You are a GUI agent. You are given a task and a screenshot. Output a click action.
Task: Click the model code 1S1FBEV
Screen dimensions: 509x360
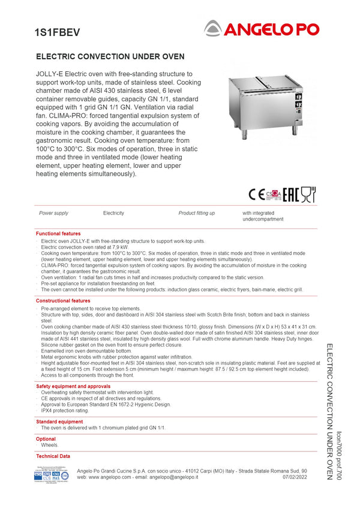pos(57,32)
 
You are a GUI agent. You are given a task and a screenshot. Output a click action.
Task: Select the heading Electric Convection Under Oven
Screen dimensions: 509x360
pos(110,56)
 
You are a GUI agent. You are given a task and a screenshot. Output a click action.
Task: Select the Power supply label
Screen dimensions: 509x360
pos(53,213)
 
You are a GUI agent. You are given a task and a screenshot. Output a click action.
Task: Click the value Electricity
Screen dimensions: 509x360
pos(113,213)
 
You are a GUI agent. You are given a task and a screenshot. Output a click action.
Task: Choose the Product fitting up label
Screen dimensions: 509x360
pos(196,213)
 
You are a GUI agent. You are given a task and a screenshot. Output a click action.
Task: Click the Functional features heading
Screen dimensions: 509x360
pos(58,233)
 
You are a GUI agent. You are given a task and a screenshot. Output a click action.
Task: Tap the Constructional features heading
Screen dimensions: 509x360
pos(63,300)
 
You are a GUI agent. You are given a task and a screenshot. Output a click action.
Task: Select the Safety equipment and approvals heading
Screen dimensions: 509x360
pos(73,387)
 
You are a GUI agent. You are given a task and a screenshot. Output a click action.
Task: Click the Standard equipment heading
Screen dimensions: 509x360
pos(59,421)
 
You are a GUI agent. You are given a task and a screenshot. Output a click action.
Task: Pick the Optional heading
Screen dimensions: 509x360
pos(46,439)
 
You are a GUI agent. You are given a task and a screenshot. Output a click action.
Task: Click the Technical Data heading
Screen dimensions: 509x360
pos(53,456)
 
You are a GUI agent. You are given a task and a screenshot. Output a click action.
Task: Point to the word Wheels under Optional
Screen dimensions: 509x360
pos(50,445)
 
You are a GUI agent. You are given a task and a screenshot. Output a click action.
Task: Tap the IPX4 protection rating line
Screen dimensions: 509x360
pos(65,411)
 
